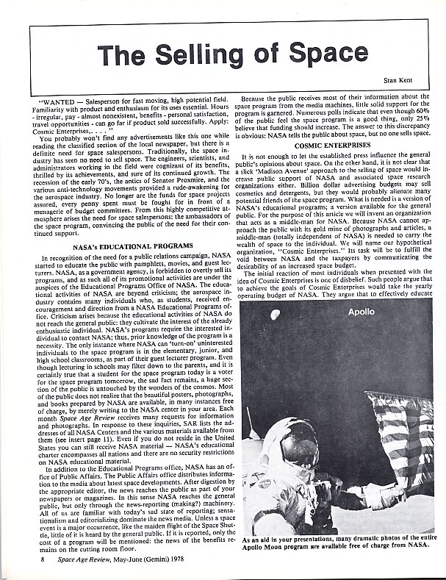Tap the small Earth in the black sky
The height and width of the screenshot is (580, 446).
(276, 315)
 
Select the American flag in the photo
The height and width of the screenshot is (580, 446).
(403, 434)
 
